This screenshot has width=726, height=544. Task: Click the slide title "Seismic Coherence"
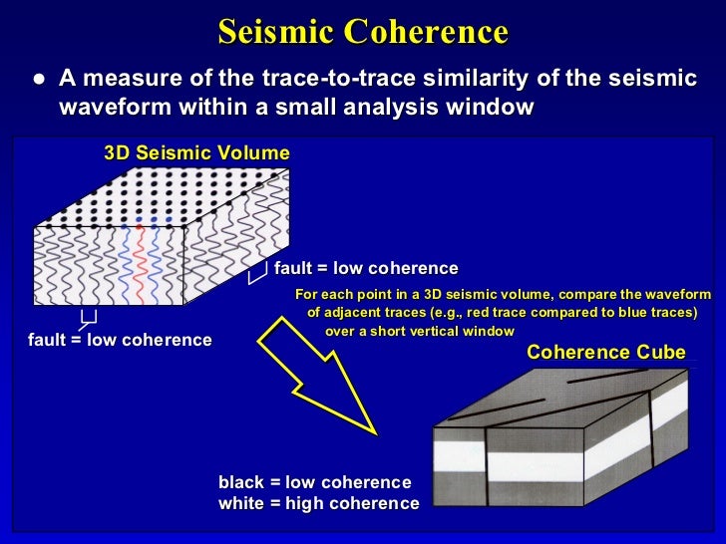click(363, 32)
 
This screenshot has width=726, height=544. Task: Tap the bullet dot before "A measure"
click(37, 79)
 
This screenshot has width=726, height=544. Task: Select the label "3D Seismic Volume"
click(196, 153)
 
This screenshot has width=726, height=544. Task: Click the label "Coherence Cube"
click(605, 352)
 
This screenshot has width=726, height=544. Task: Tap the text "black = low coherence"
click(314, 482)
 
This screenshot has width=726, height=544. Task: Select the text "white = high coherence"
click(318, 504)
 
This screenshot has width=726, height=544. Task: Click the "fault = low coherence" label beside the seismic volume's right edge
click(366, 268)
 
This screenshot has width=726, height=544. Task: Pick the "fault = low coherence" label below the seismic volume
click(120, 340)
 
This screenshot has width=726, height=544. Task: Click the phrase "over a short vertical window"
click(420, 331)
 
